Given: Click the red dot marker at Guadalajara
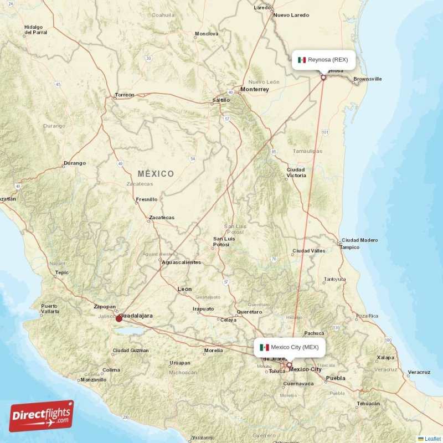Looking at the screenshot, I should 119,318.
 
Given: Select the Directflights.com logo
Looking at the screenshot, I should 42,416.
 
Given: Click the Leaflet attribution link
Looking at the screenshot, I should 432,439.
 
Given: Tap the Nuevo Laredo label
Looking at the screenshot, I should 291,15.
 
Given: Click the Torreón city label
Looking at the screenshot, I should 124,95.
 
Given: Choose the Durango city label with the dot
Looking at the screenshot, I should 75,163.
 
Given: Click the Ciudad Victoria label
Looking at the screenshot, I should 296,172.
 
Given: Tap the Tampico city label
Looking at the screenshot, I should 350,247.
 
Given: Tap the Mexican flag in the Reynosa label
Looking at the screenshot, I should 302,60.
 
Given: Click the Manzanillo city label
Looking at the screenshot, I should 93,380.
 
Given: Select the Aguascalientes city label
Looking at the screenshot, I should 181,262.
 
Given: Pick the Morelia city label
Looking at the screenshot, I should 213,351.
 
